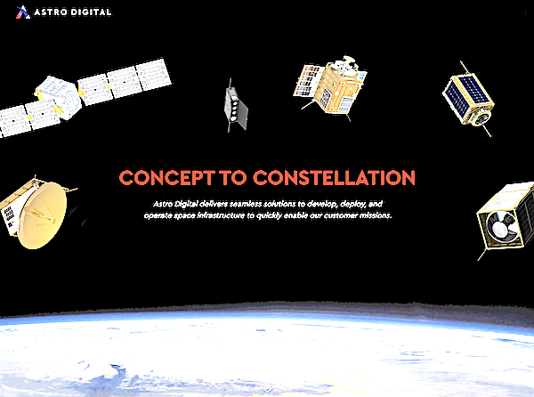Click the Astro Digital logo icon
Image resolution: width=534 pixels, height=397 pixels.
[x=23, y=12]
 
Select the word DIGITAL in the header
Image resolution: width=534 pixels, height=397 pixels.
[x=91, y=12]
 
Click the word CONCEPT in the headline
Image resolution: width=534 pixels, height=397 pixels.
[x=167, y=178]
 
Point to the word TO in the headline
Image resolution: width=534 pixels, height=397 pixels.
[x=233, y=178]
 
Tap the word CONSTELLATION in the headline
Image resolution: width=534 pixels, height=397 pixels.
[x=334, y=178]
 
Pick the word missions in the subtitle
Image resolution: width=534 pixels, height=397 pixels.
[x=376, y=215]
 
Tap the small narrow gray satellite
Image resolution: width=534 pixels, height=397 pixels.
[x=235, y=106]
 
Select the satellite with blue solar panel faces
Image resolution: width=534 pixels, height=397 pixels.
[x=469, y=100]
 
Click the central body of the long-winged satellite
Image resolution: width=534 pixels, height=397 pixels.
[x=59, y=97]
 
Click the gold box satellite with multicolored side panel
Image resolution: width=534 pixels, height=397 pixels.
[x=330, y=88]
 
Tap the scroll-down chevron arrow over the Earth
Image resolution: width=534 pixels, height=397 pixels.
[x=267, y=389]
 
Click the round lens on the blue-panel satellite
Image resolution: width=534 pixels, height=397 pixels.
[x=481, y=118]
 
